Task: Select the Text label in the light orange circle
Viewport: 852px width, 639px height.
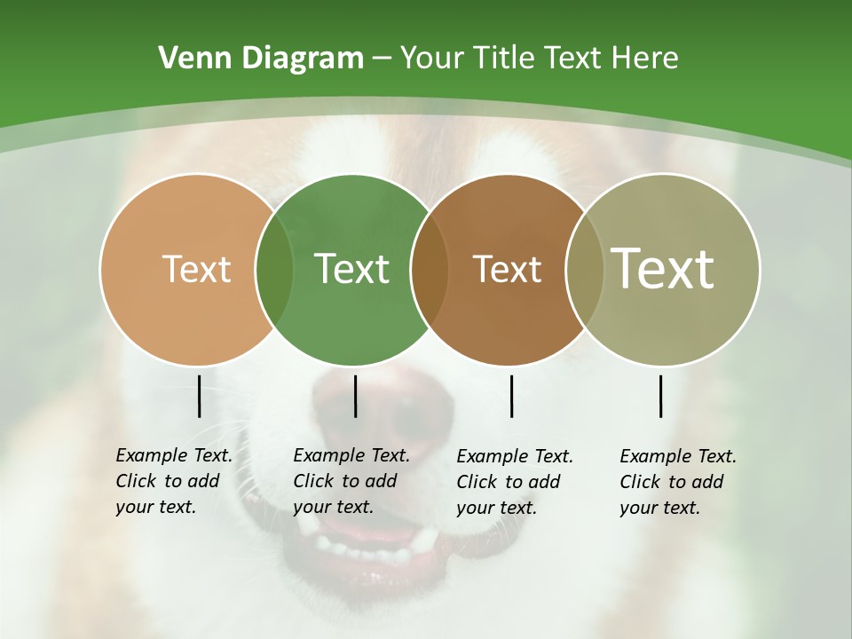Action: click(x=196, y=269)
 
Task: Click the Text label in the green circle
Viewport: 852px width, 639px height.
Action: click(x=351, y=269)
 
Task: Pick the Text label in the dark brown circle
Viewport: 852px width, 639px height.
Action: click(x=507, y=269)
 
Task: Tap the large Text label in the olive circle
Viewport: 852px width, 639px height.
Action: click(x=663, y=268)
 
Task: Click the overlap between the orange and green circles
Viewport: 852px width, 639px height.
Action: click(x=274, y=269)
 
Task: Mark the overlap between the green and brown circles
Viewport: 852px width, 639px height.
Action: click(x=430, y=269)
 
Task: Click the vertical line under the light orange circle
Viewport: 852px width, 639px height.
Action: click(x=199, y=396)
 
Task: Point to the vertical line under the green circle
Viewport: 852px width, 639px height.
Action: click(x=355, y=396)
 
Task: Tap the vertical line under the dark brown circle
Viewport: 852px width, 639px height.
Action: click(x=511, y=396)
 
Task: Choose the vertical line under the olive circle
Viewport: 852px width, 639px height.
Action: click(x=660, y=396)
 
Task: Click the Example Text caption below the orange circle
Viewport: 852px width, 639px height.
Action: click(x=174, y=481)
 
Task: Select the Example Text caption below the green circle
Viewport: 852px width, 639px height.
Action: click(x=351, y=481)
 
